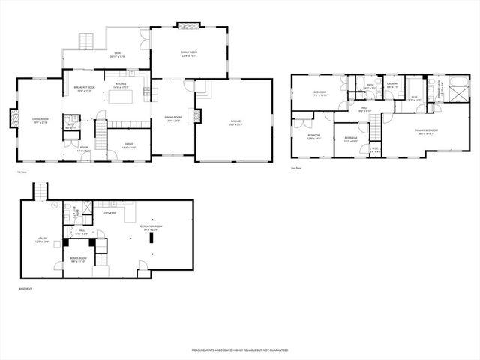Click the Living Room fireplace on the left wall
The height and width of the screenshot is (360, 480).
coord(13,118)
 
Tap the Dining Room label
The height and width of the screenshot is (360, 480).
coord(173,119)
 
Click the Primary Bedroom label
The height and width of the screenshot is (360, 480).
coord(425,131)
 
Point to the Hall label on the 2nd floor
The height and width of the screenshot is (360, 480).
coord(364,109)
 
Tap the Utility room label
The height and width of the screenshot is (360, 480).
coord(43,240)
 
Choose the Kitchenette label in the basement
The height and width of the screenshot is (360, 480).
coord(109,213)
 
